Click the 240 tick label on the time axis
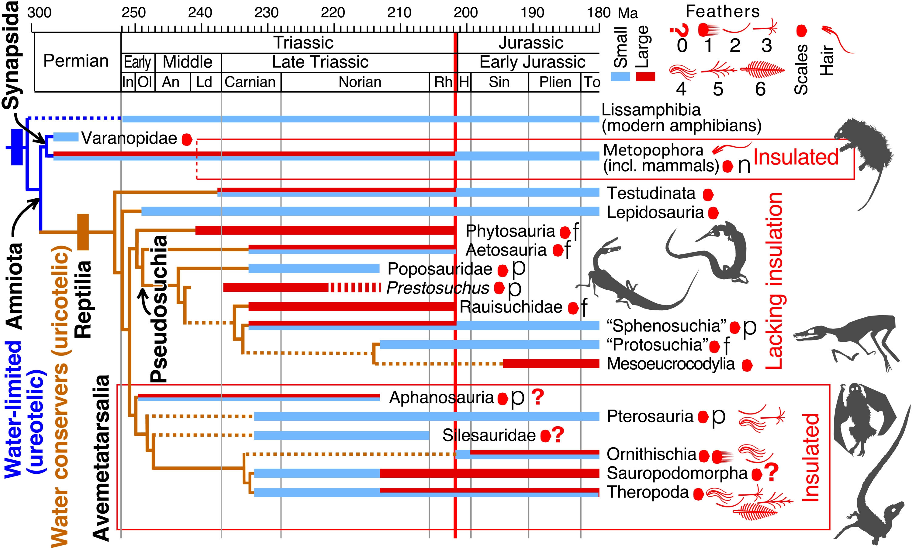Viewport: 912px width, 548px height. point(200,13)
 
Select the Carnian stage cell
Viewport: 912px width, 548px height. point(250,82)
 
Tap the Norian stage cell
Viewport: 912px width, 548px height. point(360,82)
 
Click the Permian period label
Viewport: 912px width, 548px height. point(76,61)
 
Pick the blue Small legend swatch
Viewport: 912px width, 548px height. point(620,76)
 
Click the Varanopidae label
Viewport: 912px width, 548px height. point(129,138)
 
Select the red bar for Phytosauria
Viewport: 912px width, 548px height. point(325,230)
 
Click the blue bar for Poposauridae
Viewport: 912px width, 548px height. point(314,268)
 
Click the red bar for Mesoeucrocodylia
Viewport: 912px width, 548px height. point(551,363)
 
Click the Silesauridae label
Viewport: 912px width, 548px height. point(489,436)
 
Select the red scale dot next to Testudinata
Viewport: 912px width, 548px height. point(708,195)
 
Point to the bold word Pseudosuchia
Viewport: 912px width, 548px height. point(160,308)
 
